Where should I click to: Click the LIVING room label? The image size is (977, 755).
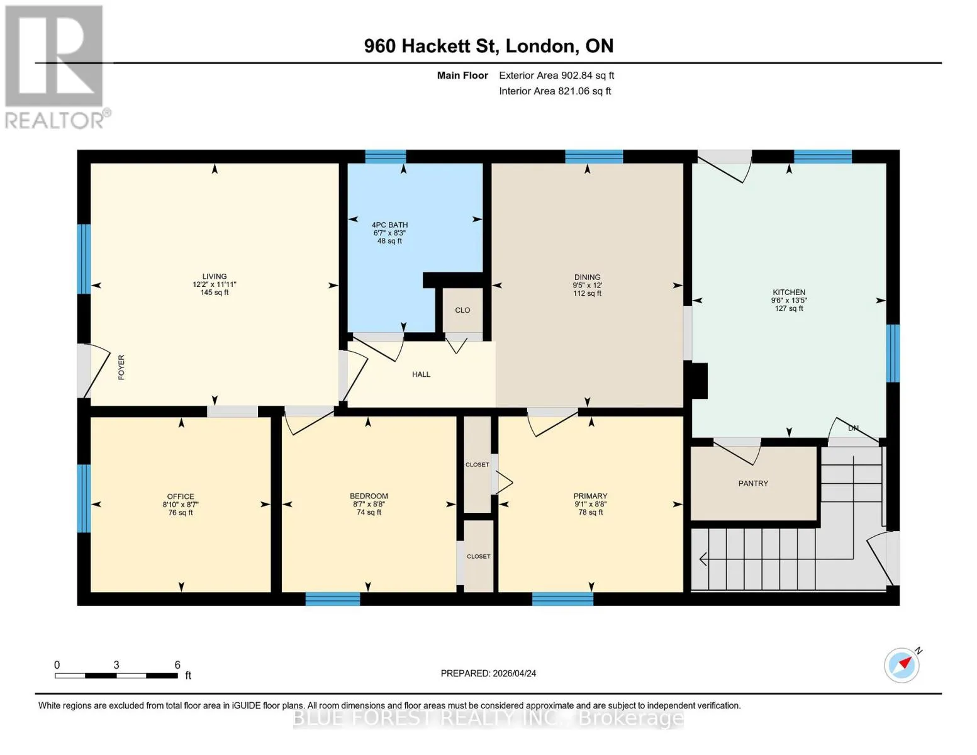(215, 276)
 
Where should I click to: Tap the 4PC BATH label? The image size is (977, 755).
(390, 225)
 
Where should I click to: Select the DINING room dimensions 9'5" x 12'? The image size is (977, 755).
(587, 285)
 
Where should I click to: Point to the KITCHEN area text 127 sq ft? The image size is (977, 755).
(789, 308)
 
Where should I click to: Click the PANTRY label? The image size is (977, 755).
(753, 483)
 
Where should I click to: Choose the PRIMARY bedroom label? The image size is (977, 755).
(590, 496)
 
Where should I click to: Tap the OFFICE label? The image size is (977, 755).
(181, 496)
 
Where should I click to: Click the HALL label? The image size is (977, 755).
(422, 374)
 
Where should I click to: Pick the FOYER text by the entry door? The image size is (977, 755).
(121, 367)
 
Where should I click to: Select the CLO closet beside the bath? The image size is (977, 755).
(462, 310)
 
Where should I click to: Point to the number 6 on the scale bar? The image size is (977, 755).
(177, 664)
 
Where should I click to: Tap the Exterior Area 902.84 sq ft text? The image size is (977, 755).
(557, 75)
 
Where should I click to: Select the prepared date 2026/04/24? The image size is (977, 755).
(515, 674)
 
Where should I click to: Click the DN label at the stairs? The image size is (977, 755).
(853, 428)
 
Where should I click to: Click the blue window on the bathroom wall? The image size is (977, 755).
(385, 157)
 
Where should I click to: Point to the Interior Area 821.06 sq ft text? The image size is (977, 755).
(555, 91)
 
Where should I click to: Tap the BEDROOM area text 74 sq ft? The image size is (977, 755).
(369, 512)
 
